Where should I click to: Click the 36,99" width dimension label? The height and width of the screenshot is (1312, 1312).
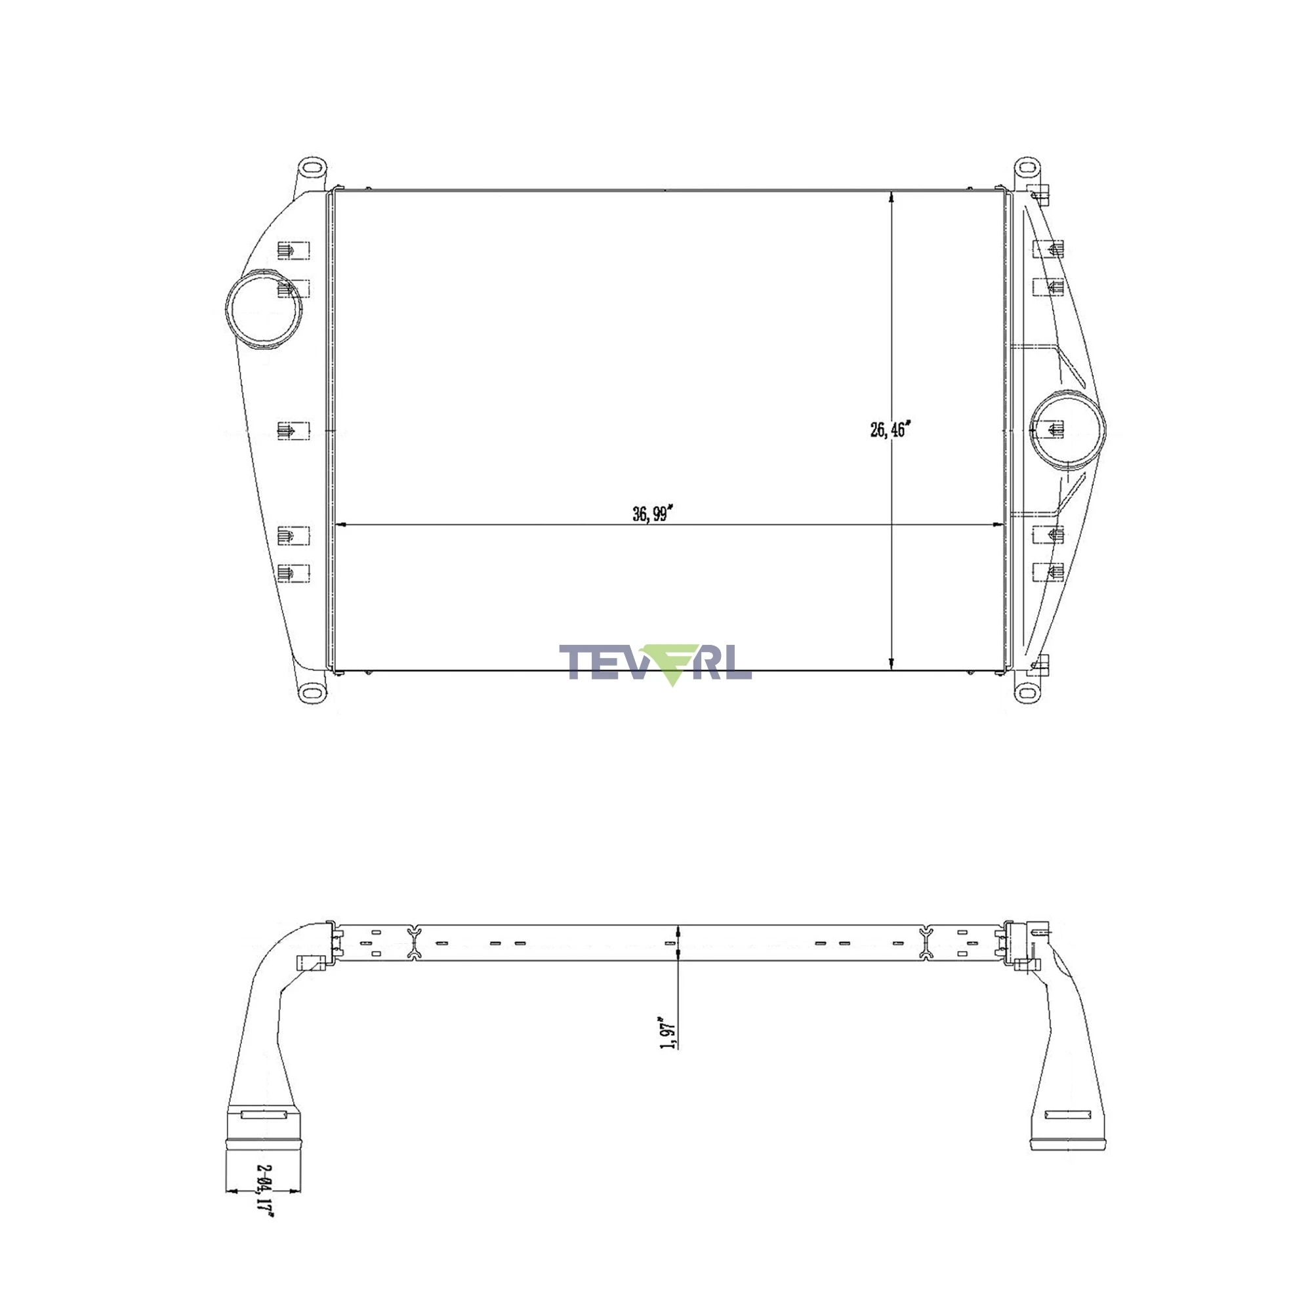tap(651, 514)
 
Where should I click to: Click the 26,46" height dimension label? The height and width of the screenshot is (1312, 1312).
tap(889, 429)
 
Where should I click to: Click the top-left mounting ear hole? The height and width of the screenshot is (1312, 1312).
tap(311, 167)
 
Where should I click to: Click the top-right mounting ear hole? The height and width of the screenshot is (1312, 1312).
tap(1027, 167)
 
